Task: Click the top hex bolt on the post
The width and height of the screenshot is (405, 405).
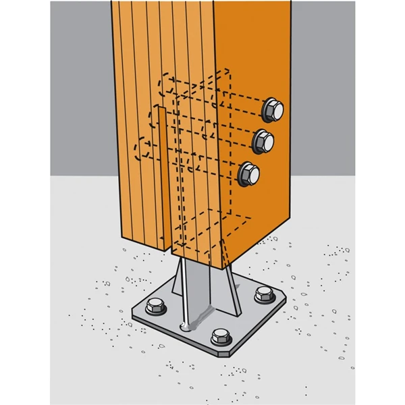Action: [x=273, y=110]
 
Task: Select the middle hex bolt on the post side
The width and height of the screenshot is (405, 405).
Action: [x=263, y=141]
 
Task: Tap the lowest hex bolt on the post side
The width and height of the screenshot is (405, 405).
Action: [x=250, y=173]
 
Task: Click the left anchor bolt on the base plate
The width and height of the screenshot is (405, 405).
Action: [x=155, y=306]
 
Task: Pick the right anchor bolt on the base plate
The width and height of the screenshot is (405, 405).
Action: [x=264, y=294]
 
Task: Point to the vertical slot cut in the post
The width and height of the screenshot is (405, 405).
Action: [x=162, y=175]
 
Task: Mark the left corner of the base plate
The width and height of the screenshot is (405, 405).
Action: [x=134, y=311]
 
